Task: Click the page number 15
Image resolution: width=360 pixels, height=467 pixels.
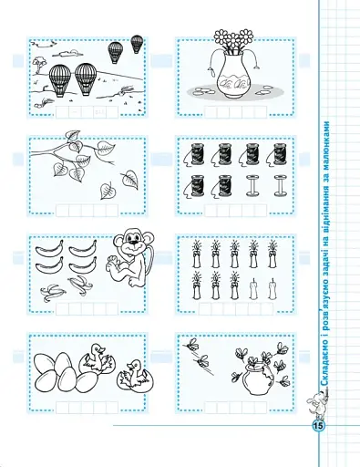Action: [319, 426]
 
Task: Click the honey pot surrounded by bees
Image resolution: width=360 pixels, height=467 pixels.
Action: [256, 377]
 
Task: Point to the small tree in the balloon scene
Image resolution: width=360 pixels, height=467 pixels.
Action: [39, 65]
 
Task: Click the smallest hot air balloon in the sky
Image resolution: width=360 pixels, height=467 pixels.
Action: [137, 44]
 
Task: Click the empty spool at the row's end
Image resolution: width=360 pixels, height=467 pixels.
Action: [281, 185]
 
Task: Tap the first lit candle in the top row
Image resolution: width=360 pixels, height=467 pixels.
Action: [196, 254]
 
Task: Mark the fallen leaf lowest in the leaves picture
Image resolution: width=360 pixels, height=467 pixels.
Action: [107, 191]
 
